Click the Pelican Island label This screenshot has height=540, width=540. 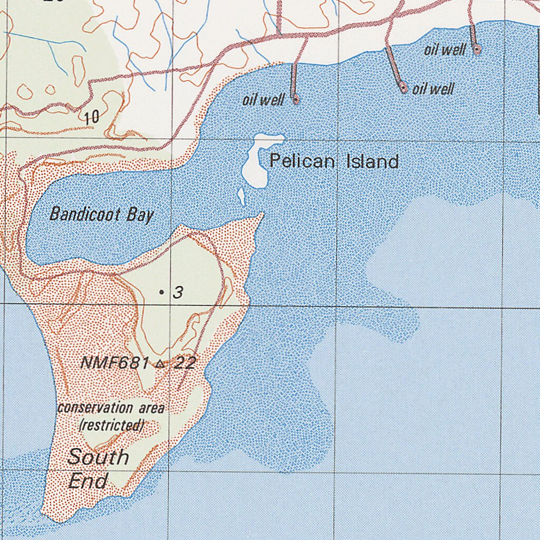click(334, 161)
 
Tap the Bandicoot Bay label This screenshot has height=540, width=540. click(101, 214)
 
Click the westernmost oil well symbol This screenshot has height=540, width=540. click(295, 99)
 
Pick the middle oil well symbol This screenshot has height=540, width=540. click(404, 88)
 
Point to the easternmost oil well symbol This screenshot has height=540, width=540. click(477, 50)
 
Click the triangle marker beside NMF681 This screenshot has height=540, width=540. click(160, 363)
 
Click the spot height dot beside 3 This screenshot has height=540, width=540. click(161, 292)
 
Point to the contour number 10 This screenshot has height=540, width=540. click(91, 117)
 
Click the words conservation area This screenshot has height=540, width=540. click(111, 408)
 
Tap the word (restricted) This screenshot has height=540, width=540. click(112, 425)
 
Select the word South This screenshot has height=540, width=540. click(99, 457)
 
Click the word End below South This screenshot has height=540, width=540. click(88, 481)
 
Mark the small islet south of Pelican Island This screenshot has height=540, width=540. click(242, 196)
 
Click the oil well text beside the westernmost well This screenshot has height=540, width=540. click(263, 100)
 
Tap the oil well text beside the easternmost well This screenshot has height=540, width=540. click(445, 50)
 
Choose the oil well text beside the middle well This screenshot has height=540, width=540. click(433, 89)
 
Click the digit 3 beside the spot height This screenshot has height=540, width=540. click(178, 292)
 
